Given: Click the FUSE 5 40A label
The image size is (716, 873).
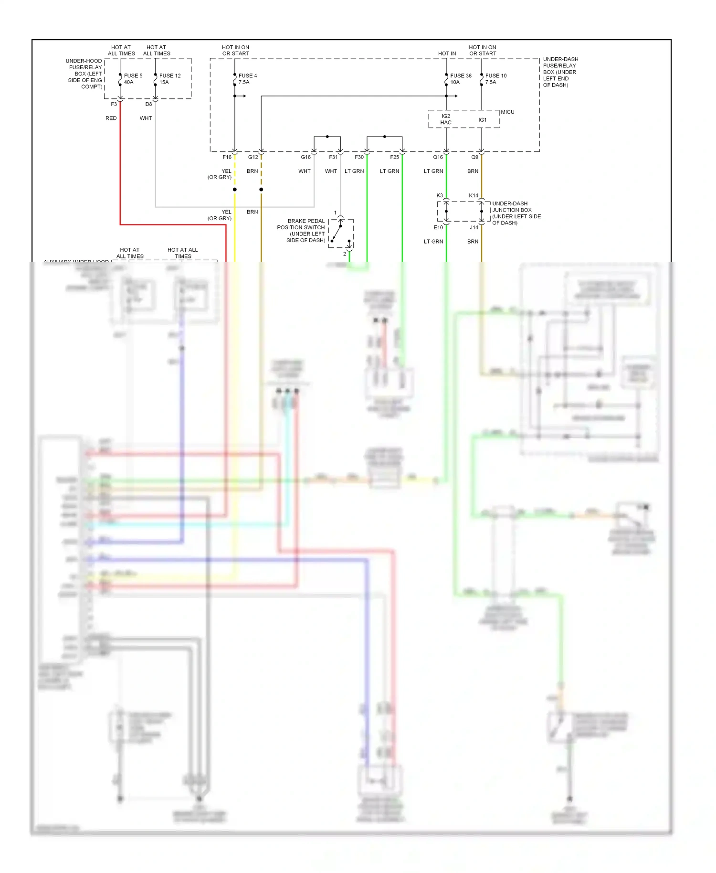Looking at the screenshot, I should click(133, 79).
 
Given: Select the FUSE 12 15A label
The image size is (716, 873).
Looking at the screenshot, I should click(169, 79).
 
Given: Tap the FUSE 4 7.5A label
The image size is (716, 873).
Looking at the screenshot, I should click(247, 79).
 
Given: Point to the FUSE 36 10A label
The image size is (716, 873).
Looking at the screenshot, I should click(460, 79).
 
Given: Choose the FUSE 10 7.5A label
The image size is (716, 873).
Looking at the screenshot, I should click(495, 79).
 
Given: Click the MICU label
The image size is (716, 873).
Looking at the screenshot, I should click(507, 112).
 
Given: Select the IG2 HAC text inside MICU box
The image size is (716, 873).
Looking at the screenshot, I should click(445, 119).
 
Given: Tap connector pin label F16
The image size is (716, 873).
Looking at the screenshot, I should click(227, 157).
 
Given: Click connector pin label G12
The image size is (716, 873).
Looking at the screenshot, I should click(253, 157).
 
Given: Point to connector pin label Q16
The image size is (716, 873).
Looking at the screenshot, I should click(438, 157).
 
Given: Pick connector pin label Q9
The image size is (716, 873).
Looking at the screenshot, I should click(474, 157).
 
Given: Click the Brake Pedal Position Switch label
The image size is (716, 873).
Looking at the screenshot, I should click(302, 231).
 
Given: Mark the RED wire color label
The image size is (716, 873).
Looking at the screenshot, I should click(111, 118).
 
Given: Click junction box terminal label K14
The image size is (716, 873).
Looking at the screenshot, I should click(473, 196).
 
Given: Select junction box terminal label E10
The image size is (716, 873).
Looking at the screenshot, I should click(438, 228).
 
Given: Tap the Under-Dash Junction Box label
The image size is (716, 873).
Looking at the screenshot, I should click(516, 213).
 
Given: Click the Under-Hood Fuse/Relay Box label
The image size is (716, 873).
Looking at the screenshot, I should click(84, 74).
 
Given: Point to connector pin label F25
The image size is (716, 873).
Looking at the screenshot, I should click(394, 157).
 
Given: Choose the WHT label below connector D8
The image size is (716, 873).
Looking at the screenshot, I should click(146, 118).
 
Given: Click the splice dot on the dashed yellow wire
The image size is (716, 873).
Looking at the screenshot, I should click(234, 190).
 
